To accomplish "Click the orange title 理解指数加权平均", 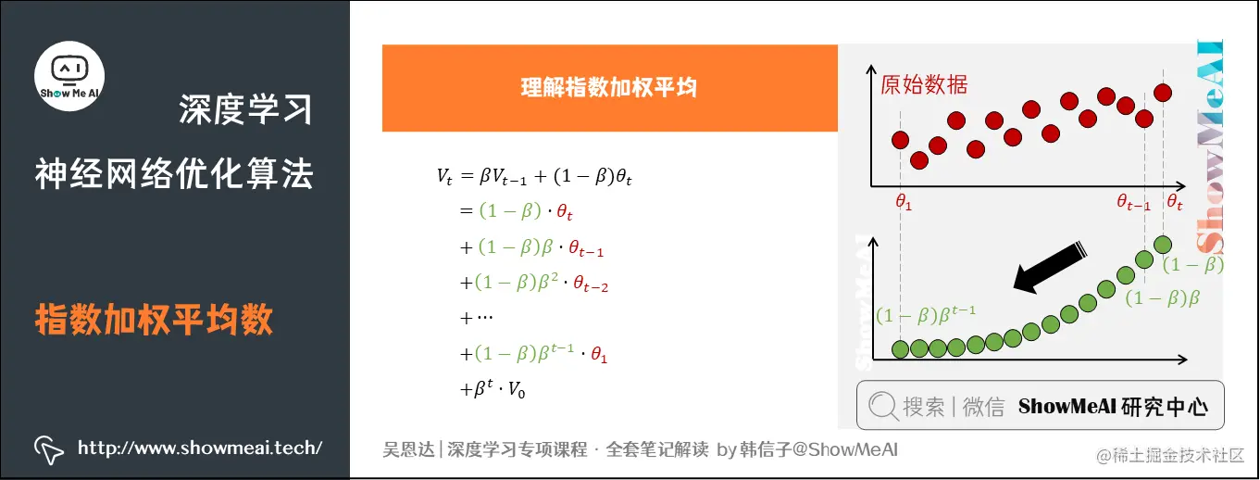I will pyautogui.click(x=608, y=88).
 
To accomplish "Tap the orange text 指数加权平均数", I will pyautogui.click(x=155, y=320).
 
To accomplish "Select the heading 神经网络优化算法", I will pyautogui.click(x=174, y=173).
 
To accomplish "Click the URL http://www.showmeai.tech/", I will pyautogui.click(x=200, y=448).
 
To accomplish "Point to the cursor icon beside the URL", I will pyautogui.click(x=49, y=449).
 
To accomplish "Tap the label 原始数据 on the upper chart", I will pyautogui.click(x=924, y=85).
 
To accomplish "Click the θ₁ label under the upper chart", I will pyautogui.click(x=904, y=202).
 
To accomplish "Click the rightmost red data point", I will pyautogui.click(x=1164, y=92).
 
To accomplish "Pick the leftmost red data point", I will pyautogui.click(x=900, y=140).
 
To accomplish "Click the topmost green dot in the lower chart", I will pyautogui.click(x=1164, y=245).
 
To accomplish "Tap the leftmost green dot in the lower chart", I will pyautogui.click(x=900, y=348).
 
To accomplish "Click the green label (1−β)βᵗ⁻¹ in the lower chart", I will pyautogui.click(x=926, y=314).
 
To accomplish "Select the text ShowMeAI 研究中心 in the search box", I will pyautogui.click(x=1113, y=406).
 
